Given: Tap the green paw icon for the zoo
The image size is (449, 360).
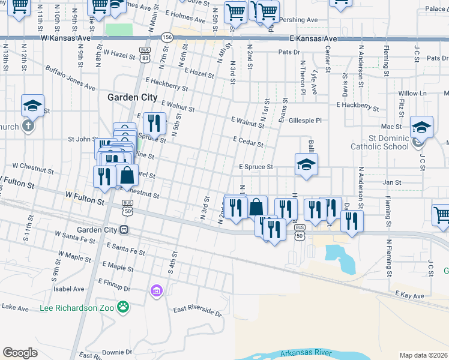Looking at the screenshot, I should click(x=123, y=307).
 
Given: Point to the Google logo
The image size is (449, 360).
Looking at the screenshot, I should click(x=20, y=352).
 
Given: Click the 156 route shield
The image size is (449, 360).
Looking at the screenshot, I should click(x=167, y=37).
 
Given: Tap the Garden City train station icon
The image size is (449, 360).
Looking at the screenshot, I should click(x=124, y=230).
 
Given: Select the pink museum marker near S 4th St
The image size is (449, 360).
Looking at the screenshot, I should click(x=156, y=291).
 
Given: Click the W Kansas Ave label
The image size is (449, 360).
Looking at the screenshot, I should click(x=66, y=37).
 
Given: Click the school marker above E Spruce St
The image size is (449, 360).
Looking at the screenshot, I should click(x=306, y=165).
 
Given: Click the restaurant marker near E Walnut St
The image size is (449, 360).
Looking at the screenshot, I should click(x=154, y=124).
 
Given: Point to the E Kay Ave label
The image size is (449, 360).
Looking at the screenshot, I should click(x=410, y=295).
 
